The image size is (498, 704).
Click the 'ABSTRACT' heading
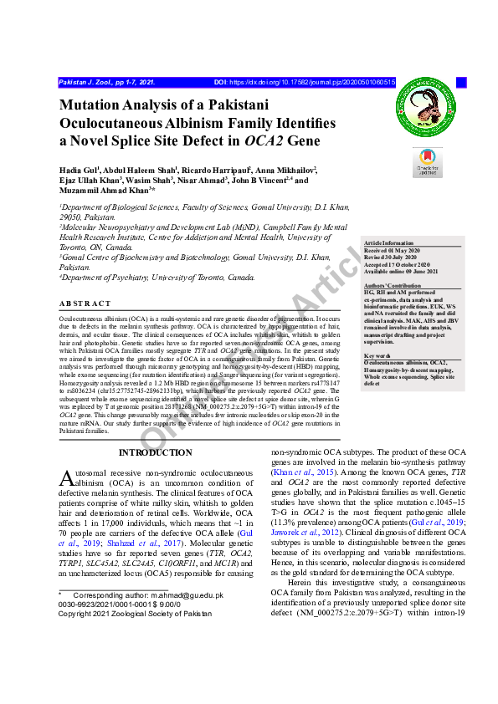(x=85, y=304)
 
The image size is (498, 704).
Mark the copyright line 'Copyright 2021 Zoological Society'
(x=135, y=613)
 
